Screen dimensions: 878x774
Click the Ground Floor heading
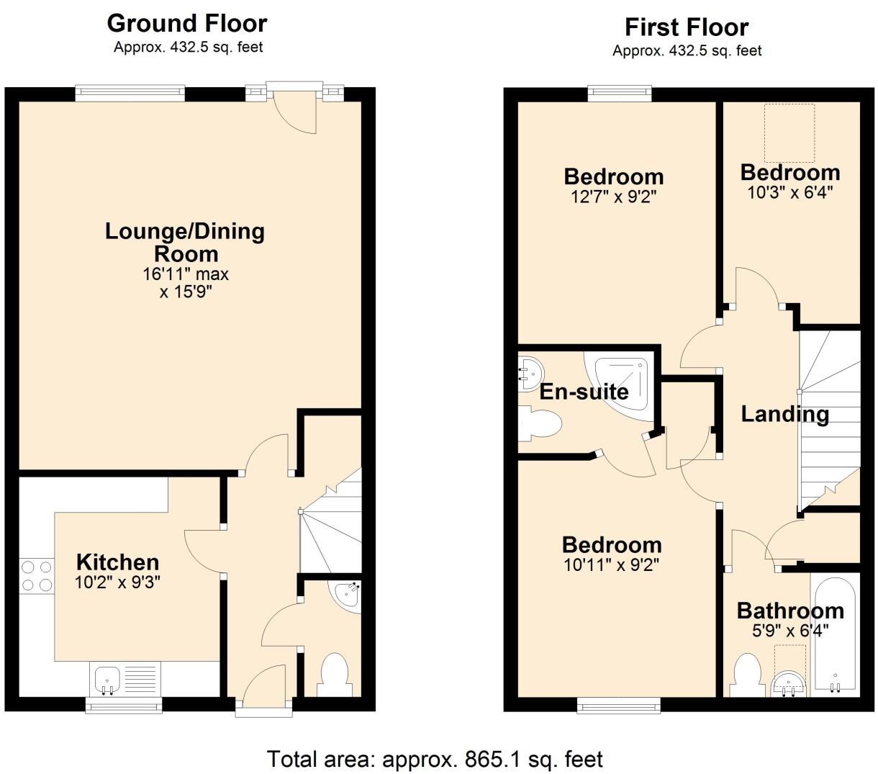(187, 24)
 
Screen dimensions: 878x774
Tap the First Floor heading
(687, 27)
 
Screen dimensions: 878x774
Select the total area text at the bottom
(435, 759)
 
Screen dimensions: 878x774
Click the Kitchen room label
(117, 562)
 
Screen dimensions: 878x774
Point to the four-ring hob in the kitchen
(37, 576)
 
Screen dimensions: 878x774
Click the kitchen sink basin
(107, 680)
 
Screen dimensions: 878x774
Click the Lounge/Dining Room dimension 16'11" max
(186, 274)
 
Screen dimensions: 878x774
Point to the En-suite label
(584, 392)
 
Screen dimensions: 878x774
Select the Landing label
(785, 414)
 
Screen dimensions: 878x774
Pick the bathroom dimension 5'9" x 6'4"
(790, 630)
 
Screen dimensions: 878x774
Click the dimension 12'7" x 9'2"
(614, 197)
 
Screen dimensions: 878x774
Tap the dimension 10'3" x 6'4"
(790, 192)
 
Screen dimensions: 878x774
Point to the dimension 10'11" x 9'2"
(612, 565)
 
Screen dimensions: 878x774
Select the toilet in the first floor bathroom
(747, 675)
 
